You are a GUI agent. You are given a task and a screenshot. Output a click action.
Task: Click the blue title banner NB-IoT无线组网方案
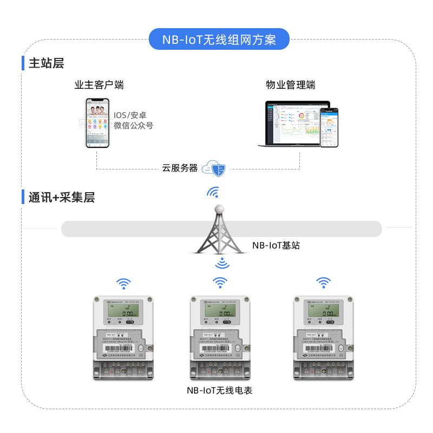click(219, 40)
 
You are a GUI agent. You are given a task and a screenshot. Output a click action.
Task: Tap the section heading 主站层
click(46, 63)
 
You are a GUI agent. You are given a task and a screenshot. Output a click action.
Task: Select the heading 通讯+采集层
click(62, 198)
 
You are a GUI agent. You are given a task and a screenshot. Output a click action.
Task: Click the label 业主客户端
click(99, 85)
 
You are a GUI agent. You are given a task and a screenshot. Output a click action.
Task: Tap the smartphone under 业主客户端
click(97, 123)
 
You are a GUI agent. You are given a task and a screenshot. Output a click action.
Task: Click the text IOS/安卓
click(130, 115)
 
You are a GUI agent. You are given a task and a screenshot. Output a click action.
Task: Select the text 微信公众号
click(133, 126)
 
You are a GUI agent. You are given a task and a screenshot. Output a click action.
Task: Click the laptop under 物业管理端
click(292, 123)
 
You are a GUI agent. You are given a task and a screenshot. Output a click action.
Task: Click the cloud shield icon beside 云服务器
click(215, 169)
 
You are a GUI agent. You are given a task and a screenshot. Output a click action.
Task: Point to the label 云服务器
click(180, 168)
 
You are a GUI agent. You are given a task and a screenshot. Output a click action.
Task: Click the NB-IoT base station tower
click(219, 230)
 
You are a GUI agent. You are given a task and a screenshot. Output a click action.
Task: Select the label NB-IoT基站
click(276, 245)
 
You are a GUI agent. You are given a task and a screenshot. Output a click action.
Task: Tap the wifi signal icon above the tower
click(214, 193)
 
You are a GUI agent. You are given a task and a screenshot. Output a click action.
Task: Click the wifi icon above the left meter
click(124, 283)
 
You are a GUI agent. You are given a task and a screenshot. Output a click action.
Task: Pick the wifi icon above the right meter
click(323, 282)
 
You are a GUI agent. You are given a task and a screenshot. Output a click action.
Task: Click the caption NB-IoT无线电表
click(220, 390)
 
